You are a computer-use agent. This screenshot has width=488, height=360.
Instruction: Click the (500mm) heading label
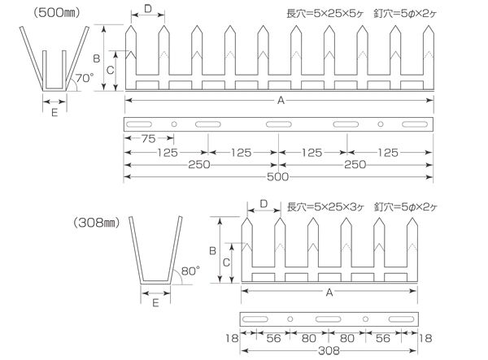(x=57, y=13)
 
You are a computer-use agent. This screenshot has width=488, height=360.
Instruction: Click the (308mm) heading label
(x=97, y=223)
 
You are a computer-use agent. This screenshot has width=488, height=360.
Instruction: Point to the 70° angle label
(x=84, y=78)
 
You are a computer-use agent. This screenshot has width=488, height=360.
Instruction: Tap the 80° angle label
(x=190, y=271)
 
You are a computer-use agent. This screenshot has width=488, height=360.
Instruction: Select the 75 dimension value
(x=149, y=139)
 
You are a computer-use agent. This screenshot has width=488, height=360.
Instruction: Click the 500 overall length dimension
(x=277, y=177)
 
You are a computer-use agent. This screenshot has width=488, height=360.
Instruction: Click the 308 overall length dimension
(x=329, y=351)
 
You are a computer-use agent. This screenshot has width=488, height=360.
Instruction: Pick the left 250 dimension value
(x=199, y=164)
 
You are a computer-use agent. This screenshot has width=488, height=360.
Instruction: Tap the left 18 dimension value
(x=232, y=338)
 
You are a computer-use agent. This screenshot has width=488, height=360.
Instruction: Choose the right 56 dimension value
(x=383, y=338)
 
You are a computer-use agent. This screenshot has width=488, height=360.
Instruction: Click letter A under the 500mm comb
(x=281, y=101)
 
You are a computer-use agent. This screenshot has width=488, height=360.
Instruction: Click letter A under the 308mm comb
(x=329, y=293)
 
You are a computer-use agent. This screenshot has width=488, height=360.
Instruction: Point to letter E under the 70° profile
(x=54, y=112)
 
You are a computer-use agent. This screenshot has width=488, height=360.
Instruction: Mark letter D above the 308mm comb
(x=264, y=204)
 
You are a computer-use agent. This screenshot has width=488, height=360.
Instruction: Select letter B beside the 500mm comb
(x=97, y=59)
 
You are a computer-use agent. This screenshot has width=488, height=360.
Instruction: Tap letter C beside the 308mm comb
(x=226, y=262)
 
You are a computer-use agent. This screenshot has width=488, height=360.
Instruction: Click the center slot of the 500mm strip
(x=278, y=124)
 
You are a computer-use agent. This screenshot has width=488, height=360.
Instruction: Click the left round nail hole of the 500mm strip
(x=174, y=124)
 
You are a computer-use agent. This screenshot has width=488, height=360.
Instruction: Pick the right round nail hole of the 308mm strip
(x=365, y=319)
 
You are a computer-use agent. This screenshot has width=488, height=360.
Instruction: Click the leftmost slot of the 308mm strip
(x=255, y=319)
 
